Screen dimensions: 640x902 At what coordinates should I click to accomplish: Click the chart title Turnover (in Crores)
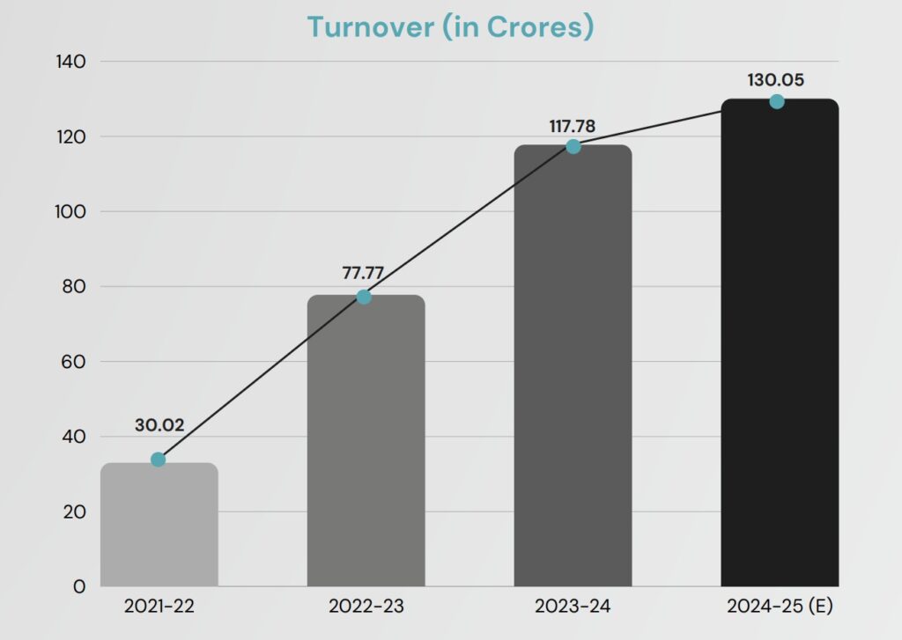pyautogui.click(x=450, y=26)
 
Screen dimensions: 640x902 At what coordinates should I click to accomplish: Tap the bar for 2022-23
pyautogui.click(x=366, y=440)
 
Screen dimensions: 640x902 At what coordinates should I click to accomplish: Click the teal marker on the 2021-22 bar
pyautogui.click(x=158, y=460)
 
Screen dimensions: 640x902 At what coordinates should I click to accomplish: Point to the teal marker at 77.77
pyautogui.click(x=364, y=297)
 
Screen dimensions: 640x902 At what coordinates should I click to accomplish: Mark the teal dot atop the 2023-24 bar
pyautogui.click(x=573, y=146)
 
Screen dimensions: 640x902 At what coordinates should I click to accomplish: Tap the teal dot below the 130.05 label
pyautogui.click(x=776, y=101)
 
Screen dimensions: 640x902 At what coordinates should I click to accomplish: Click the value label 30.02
pyautogui.click(x=159, y=426)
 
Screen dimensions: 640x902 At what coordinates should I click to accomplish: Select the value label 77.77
pyautogui.click(x=363, y=272)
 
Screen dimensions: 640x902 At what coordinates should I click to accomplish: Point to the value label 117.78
pyautogui.click(x=572, y=126)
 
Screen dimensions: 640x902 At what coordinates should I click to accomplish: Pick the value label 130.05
pyautogui.click(x=776, y=80)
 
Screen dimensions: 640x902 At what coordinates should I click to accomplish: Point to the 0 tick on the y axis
pyautogui.click(x=79, y=586)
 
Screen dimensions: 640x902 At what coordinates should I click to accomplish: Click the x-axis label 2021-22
pyautogui.click(x=159, y=607)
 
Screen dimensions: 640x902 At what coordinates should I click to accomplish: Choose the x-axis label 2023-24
pyautogui.click(x=572, y=607)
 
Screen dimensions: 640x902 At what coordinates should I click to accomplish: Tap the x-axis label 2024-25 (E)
pyautogui.click(x=780, y=607)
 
